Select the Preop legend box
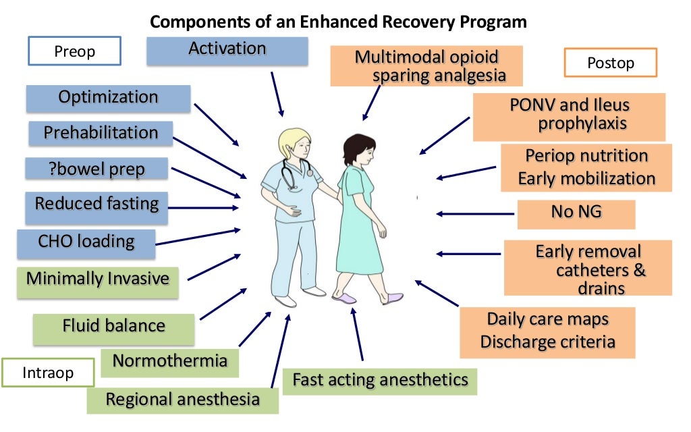click(x=75, y=51)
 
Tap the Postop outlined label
click(x=610, y=63)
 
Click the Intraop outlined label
click(x=47, y=373)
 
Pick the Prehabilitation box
click(x=101, y=133)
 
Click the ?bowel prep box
click(x=96, y=169)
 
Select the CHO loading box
click(x=86, y=241)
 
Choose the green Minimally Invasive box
click(x=98, y=279)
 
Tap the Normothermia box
click(x=169, y=361)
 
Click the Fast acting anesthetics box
click(x=379, y=380)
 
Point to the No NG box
click(x=576, y=213)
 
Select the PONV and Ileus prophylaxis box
click(x=569, y=115)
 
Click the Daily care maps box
click(x=547, y=331)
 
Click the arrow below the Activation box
click(x=277, y=93)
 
